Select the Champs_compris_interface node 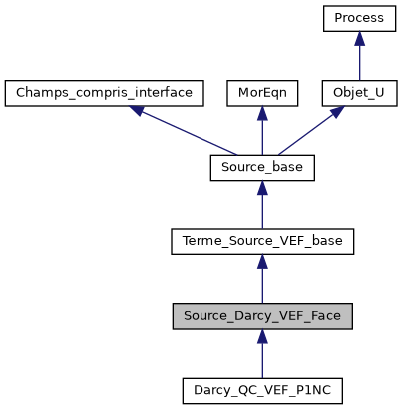tap(105, 94)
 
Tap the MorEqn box tap(262, 94)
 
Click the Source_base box tap(262, 168)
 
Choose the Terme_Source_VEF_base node tap(262, 241)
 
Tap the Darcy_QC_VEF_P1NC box tap(262, 389)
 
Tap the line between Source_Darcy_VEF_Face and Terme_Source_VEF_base tap(262, 283)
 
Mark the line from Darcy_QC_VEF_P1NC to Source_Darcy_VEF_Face tap(262, 357)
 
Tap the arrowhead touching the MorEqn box tap(262, 114)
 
